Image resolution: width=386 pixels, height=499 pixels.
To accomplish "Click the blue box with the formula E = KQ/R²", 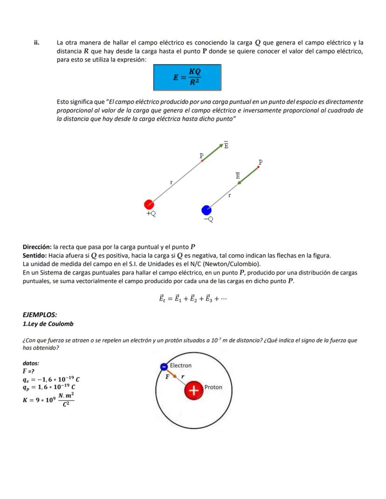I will [187, 77].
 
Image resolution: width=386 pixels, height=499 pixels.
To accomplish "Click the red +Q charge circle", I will [149, 204].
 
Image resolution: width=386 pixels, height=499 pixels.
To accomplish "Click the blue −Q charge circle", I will [207, 210].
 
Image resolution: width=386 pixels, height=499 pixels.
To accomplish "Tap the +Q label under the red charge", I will [151, 214].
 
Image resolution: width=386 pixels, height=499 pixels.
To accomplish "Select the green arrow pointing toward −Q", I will [248, 175].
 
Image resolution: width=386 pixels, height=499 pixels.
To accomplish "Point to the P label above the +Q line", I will [201, 155].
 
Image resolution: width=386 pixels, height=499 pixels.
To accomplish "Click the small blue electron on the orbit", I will [163, 367].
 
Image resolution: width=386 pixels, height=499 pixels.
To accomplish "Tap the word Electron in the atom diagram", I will [180, 365].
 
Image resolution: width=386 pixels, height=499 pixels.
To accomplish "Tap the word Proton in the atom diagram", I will [213, 387].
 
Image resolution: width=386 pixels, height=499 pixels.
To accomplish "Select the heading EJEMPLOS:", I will [40, 315].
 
